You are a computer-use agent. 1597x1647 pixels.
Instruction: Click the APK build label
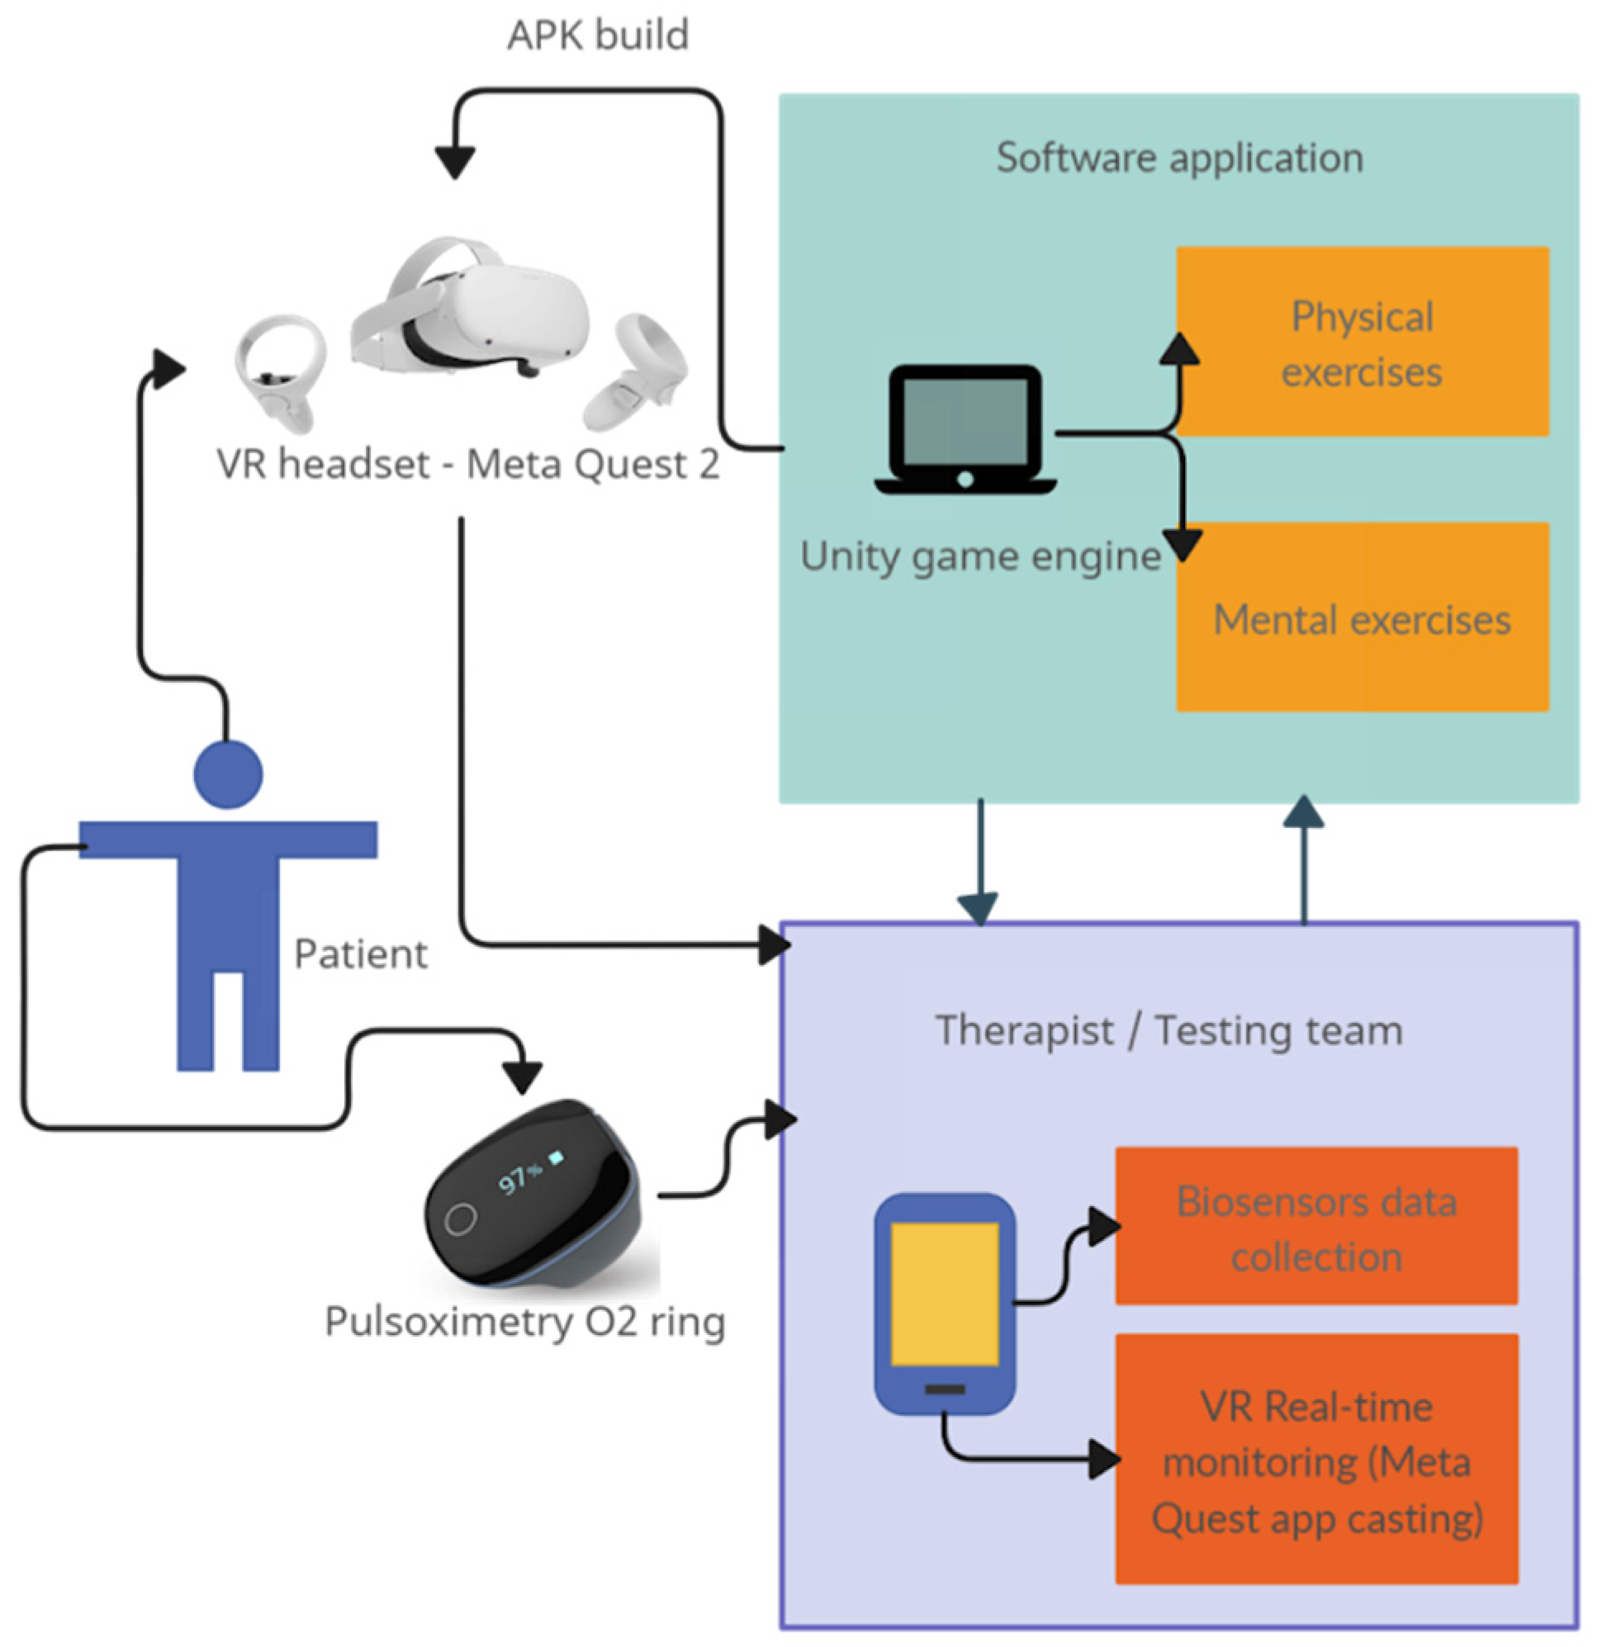pos(598,35)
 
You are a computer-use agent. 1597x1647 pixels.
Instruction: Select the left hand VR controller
pos(280,371)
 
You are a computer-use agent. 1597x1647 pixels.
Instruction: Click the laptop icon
pos(965,429)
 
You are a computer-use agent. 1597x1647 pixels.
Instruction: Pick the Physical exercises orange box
pos(1362,342)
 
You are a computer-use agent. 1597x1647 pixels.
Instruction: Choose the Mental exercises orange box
pos(1362,618)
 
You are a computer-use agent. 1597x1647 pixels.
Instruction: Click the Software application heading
pos(1179,158)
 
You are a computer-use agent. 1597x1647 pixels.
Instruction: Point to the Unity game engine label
pos(980,556)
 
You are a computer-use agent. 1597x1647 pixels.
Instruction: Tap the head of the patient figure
pos(228,774)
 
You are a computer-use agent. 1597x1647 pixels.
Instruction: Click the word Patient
pos(361,954)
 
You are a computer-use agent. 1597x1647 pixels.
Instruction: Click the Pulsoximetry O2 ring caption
pos(525,1322)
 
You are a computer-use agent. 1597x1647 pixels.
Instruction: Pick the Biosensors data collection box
pos(1316,1228)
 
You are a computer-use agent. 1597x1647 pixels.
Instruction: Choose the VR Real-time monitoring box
pos(1316,1461)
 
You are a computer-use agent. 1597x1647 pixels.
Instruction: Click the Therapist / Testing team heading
pos(1169,1031)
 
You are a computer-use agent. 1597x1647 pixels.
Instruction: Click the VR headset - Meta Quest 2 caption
pos(468,465)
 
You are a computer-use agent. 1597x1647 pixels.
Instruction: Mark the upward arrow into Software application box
pos(1304,857)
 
